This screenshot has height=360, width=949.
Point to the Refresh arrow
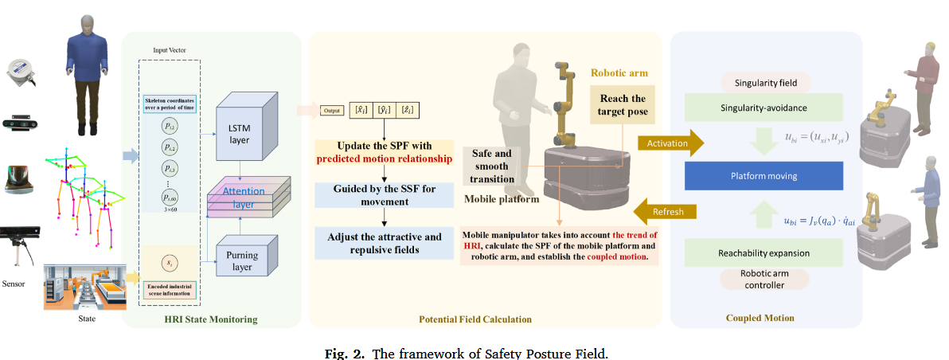pos(666,212)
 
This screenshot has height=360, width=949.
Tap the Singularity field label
pos(763,82)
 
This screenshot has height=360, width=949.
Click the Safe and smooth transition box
pos(491,166)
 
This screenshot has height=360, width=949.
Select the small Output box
pos(332,111)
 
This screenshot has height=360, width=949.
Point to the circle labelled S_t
pos(170,263)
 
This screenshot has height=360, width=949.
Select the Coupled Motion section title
pos(760,318)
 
